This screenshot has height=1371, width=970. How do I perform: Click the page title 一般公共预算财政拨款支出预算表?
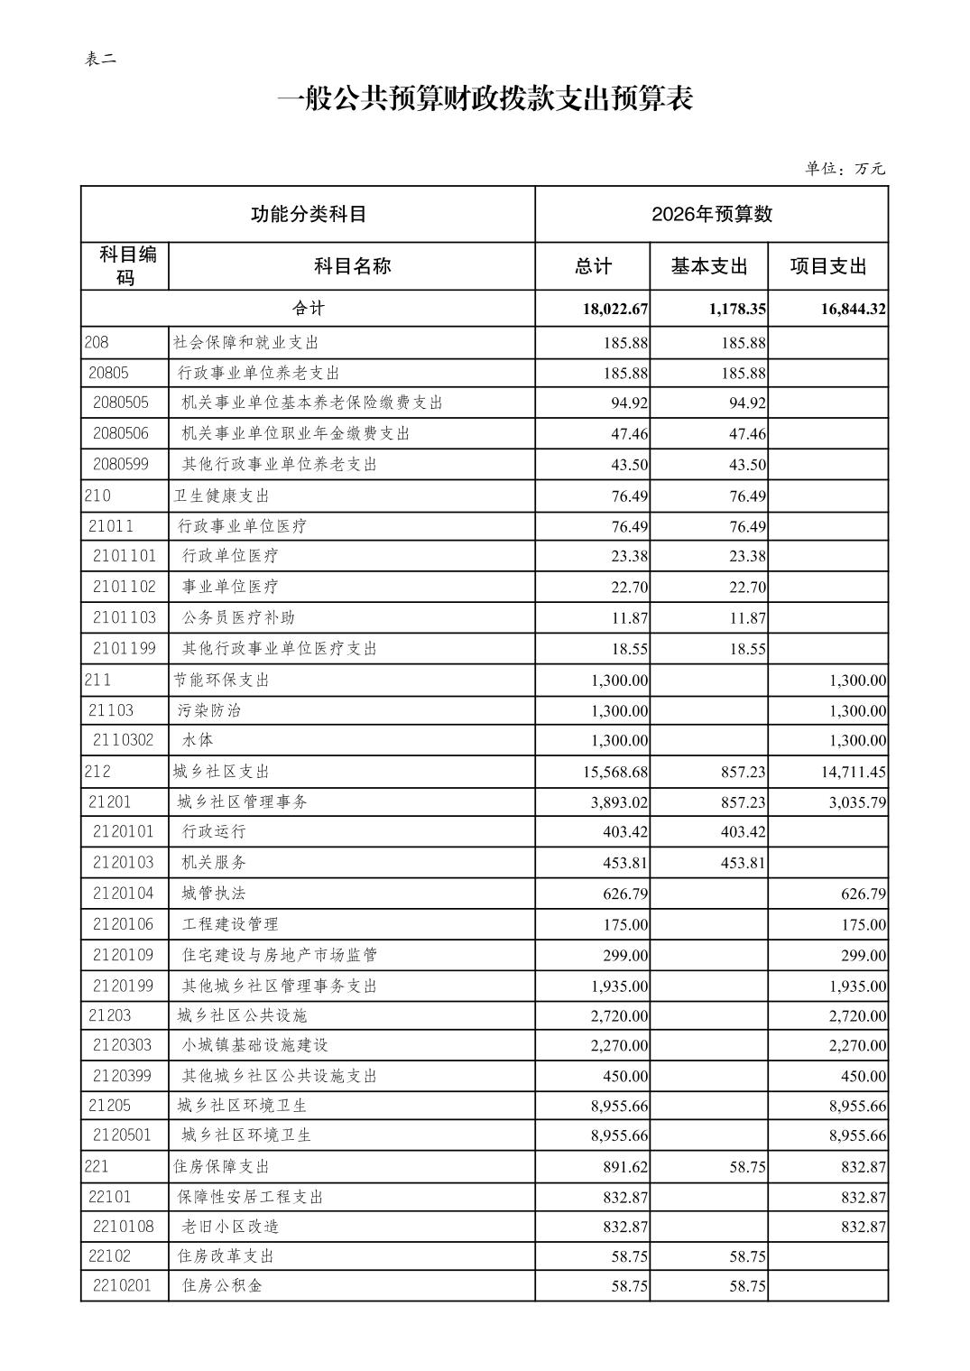485,99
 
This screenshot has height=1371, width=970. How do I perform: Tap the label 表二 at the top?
100,60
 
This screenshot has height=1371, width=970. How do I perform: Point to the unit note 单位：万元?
845,169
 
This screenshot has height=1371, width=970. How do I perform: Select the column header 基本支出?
708,266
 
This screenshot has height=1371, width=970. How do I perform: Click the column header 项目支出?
827,266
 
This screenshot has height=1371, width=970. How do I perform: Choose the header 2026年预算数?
711,214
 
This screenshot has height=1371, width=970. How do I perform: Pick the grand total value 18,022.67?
615,309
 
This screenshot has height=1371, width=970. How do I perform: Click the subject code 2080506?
121,433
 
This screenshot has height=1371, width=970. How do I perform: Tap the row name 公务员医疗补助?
238,617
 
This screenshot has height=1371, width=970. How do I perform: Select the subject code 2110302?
124,740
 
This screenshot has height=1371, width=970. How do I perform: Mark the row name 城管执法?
213,894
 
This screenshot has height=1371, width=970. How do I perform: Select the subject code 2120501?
122,1135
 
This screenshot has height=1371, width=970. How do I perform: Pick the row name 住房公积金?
222,1285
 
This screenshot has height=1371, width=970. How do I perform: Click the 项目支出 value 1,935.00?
857,987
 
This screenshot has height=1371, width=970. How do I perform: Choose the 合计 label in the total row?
308,308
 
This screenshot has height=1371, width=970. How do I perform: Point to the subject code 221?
97,1166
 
